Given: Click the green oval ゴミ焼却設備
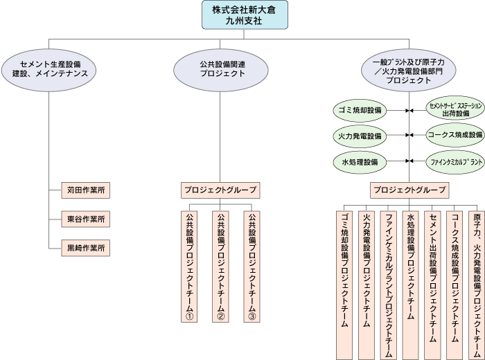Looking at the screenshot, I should click(358, 110).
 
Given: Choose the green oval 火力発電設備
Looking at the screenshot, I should click(358, 136).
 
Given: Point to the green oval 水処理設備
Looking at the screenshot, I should click(358, 161).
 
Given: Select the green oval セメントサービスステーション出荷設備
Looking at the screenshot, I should click(455, 109).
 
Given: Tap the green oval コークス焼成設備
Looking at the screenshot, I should click(455, 136).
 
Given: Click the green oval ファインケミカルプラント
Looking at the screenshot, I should click(455, 161).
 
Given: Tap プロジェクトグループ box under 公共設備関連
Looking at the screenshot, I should click(220, 189).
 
